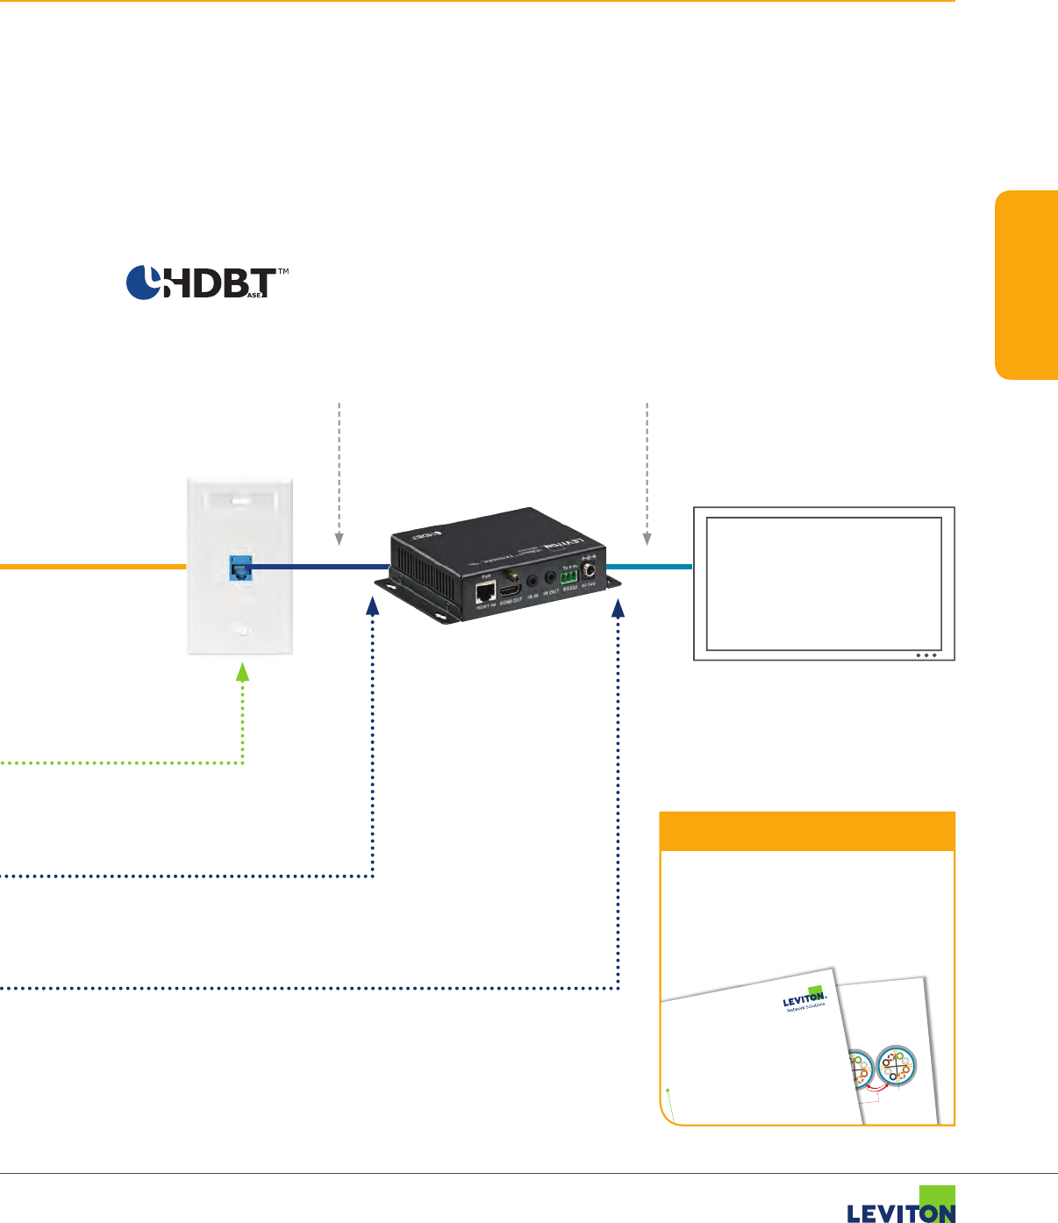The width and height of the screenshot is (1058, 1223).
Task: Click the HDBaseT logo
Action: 207,283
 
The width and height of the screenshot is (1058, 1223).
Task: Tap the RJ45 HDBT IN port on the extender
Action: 484,593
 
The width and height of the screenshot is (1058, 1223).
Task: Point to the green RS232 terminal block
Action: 570,578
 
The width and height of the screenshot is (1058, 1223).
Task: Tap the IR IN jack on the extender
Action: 532,580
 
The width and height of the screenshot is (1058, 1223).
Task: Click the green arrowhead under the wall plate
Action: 243,673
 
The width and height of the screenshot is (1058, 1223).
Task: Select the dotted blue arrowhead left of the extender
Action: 373,606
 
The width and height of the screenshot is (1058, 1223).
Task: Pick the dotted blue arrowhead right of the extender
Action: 618,606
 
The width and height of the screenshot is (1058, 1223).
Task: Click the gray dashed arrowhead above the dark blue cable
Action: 339,538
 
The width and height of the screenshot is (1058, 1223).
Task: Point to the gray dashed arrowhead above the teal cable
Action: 647,538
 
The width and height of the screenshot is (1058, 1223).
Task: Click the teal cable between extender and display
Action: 649,568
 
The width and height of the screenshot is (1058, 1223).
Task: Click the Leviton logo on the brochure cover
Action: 804,999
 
